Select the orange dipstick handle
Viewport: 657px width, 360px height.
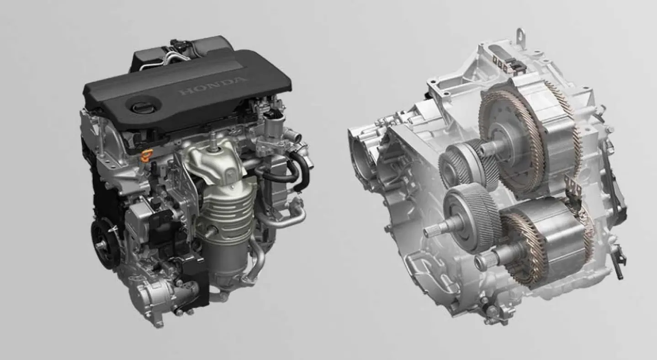pos(147,155)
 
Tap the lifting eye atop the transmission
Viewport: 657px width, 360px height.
pos(520,37)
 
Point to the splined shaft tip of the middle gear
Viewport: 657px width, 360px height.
pos(432,232)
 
